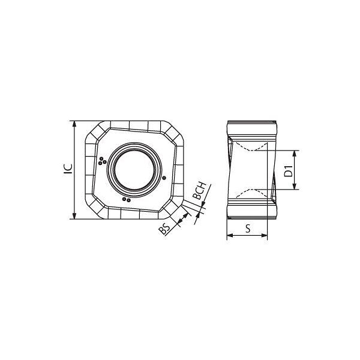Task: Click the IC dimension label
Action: coord(68,169)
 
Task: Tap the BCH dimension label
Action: coord(200,191)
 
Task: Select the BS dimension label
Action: coord(164,229)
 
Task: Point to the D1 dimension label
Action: coord(289,170)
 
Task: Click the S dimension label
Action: coord(248,229)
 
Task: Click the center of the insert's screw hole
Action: coord(134,170)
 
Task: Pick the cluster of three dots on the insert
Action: coord(102,161)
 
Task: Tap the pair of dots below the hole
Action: coord(127,200)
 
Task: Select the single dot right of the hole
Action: coord(164,178)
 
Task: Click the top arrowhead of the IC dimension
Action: coord(74,124)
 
